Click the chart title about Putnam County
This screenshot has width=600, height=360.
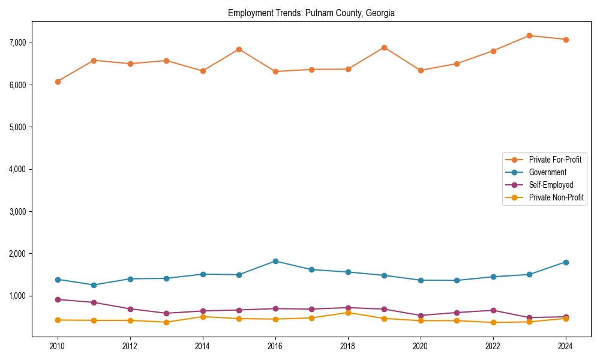coord(311,13)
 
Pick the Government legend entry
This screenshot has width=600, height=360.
coord(547,172)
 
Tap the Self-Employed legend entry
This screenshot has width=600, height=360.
coord(551,185)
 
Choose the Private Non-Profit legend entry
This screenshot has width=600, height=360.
coord(556,197)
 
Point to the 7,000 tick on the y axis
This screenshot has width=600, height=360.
coord(18,43)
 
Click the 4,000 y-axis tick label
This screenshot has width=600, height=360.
coord(18,169)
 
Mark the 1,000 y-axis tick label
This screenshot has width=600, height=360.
coord(18,296)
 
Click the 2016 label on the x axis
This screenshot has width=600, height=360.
coord(275,346)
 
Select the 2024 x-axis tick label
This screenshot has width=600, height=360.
coord(565,346)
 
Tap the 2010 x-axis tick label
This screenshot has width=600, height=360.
coord(58,346)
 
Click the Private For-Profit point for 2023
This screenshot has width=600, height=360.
coord(529,35)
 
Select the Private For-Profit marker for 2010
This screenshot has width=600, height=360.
coord(58,82)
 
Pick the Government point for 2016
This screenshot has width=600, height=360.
coord(275,261)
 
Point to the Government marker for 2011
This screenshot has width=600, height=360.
coord(94,285)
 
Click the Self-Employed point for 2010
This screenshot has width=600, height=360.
coord(58,299)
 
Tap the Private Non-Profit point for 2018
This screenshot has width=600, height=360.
coord(348,313)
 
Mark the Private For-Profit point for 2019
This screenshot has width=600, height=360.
coord(384,47)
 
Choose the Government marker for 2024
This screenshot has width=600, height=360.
coord(565,262)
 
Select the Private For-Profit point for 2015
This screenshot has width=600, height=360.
coord(239,49)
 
